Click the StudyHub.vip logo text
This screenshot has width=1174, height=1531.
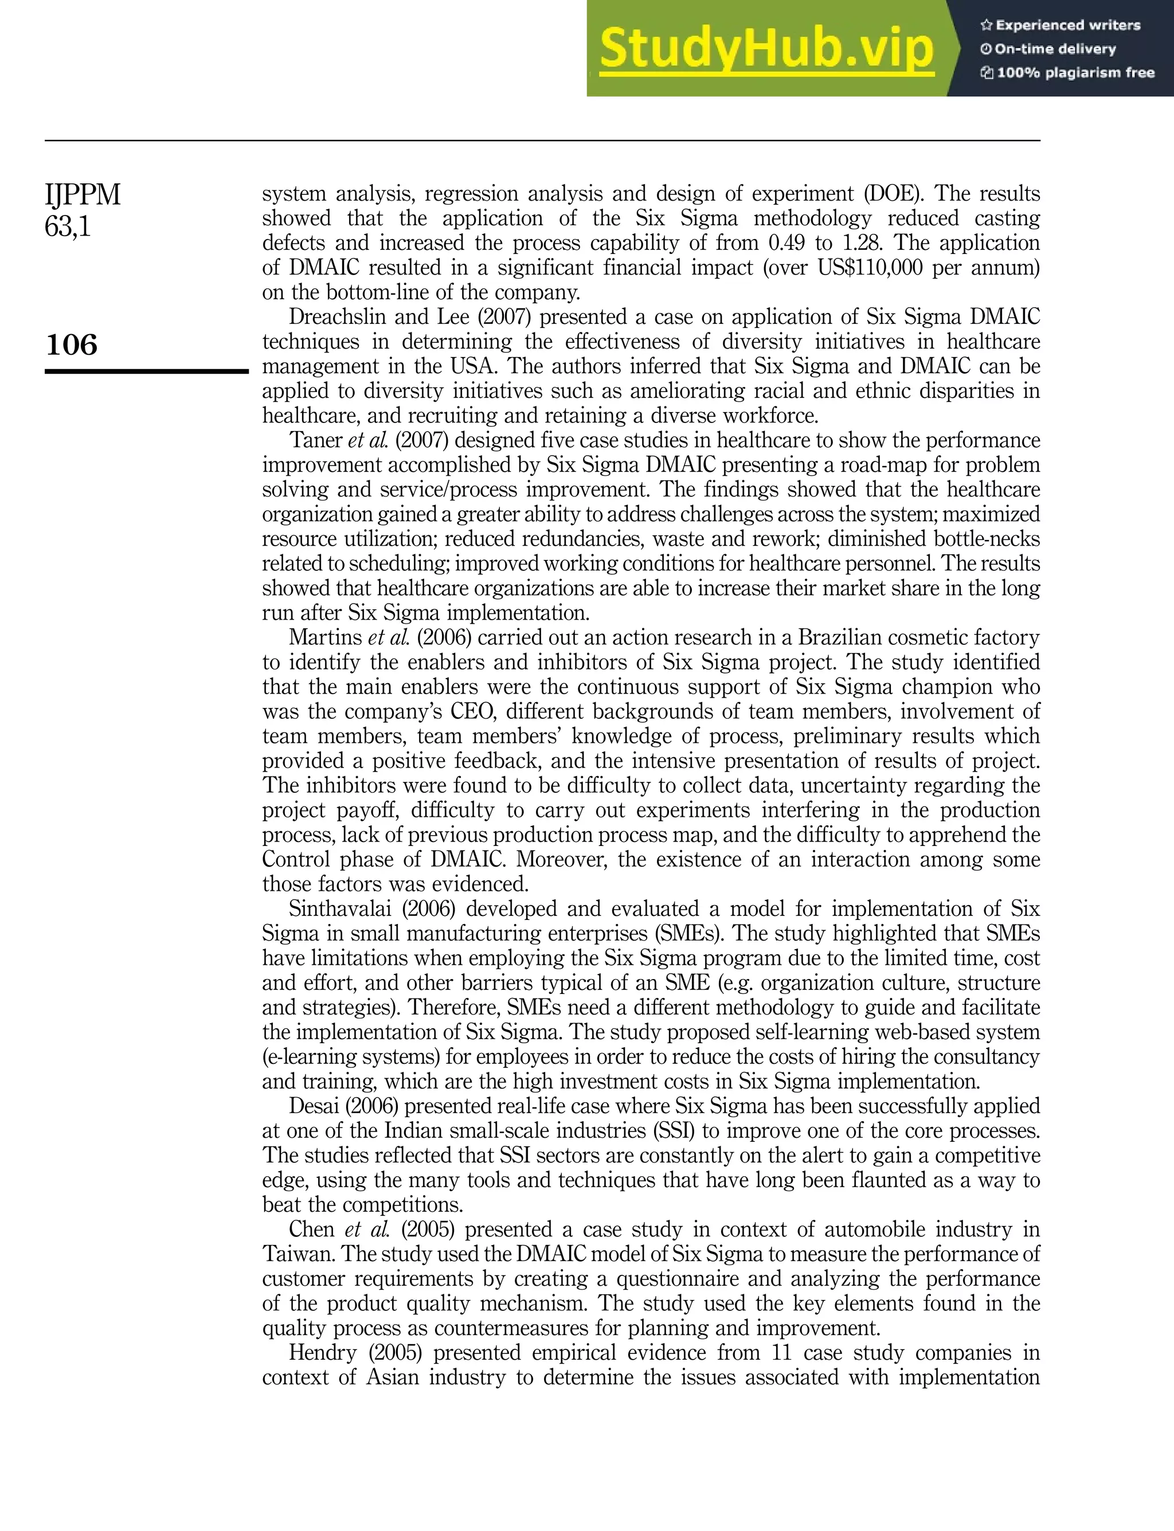[766, 49]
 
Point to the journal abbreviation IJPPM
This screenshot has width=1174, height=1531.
[83, 195]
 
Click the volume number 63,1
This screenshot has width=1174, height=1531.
[68, 226]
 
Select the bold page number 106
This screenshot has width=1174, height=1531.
[71, 344]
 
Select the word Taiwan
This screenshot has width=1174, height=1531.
[297, 1254]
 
